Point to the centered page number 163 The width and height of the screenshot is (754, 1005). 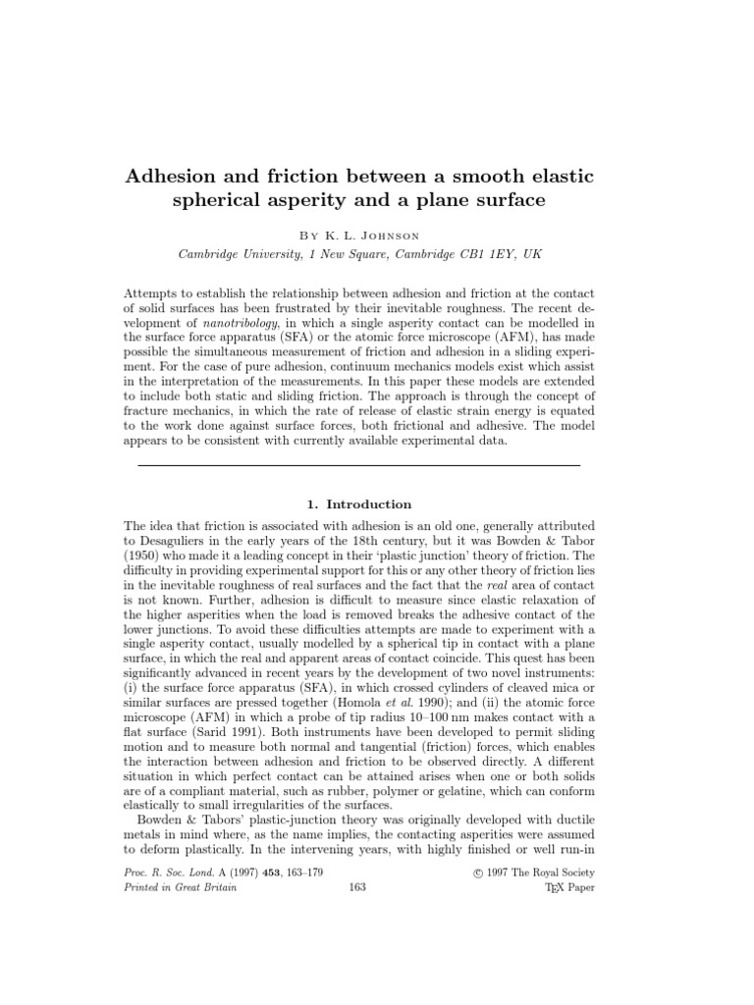(x=357, y=887)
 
